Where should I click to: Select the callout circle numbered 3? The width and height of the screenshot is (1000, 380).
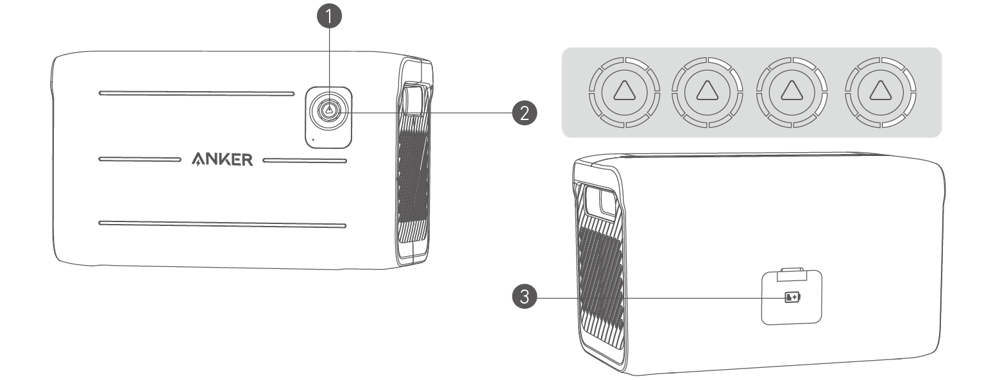tap(524, 297)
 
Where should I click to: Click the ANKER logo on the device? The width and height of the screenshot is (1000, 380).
tap(222, 159)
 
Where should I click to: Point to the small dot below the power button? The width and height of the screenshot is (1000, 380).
tap(312, 137)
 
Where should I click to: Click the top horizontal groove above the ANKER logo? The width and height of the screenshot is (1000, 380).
tap(196, 93)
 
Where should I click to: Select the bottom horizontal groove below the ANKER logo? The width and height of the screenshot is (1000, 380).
tap(222, 224)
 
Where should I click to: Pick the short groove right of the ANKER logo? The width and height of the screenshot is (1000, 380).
tap(304, 159)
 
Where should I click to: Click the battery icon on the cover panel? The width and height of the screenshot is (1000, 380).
tap(792, 297)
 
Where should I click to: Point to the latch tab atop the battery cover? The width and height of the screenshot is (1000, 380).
tap(792, 275)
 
